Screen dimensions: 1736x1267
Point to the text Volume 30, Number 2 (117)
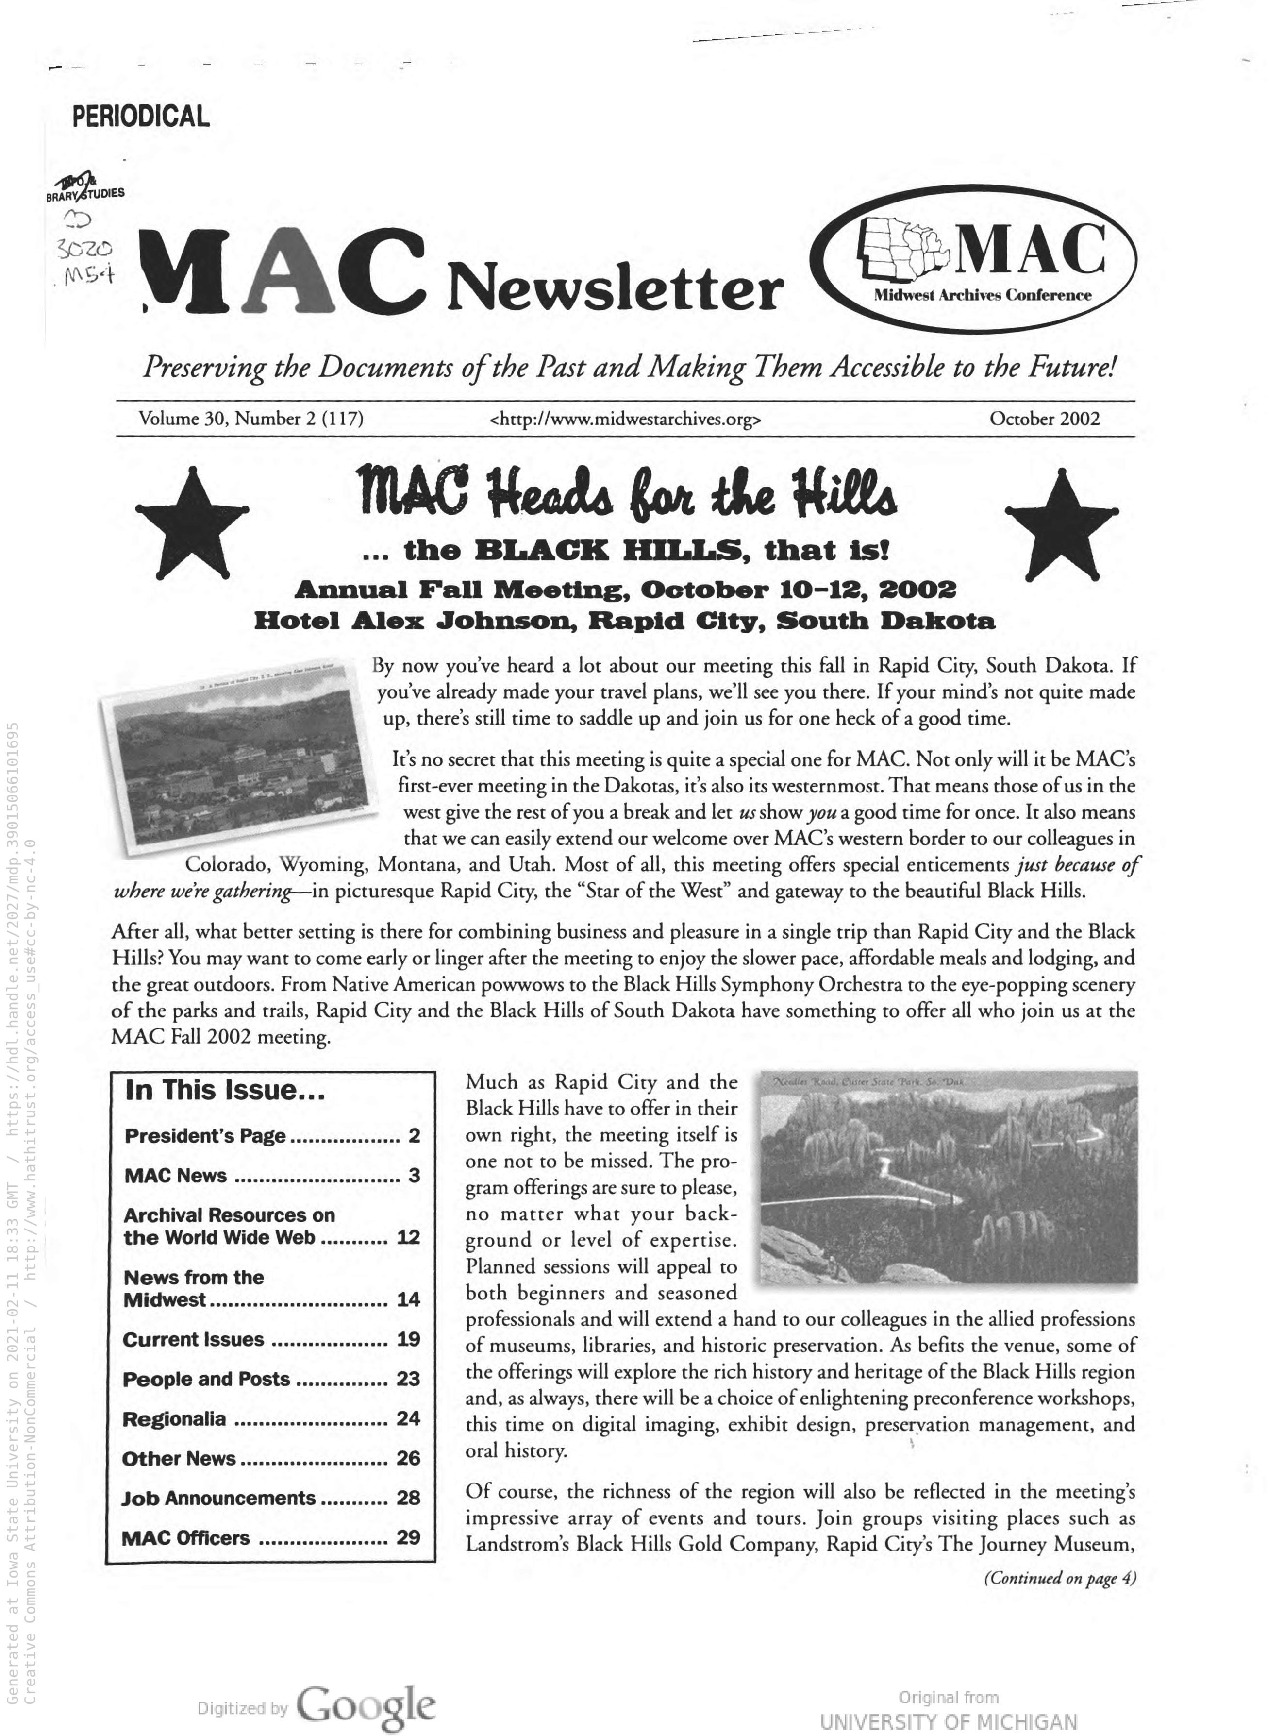pos(251,419)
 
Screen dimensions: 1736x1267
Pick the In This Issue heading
pos(225,1090)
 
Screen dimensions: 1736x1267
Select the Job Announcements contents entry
pos(218,1498)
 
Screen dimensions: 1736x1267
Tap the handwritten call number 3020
pos(84,249)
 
